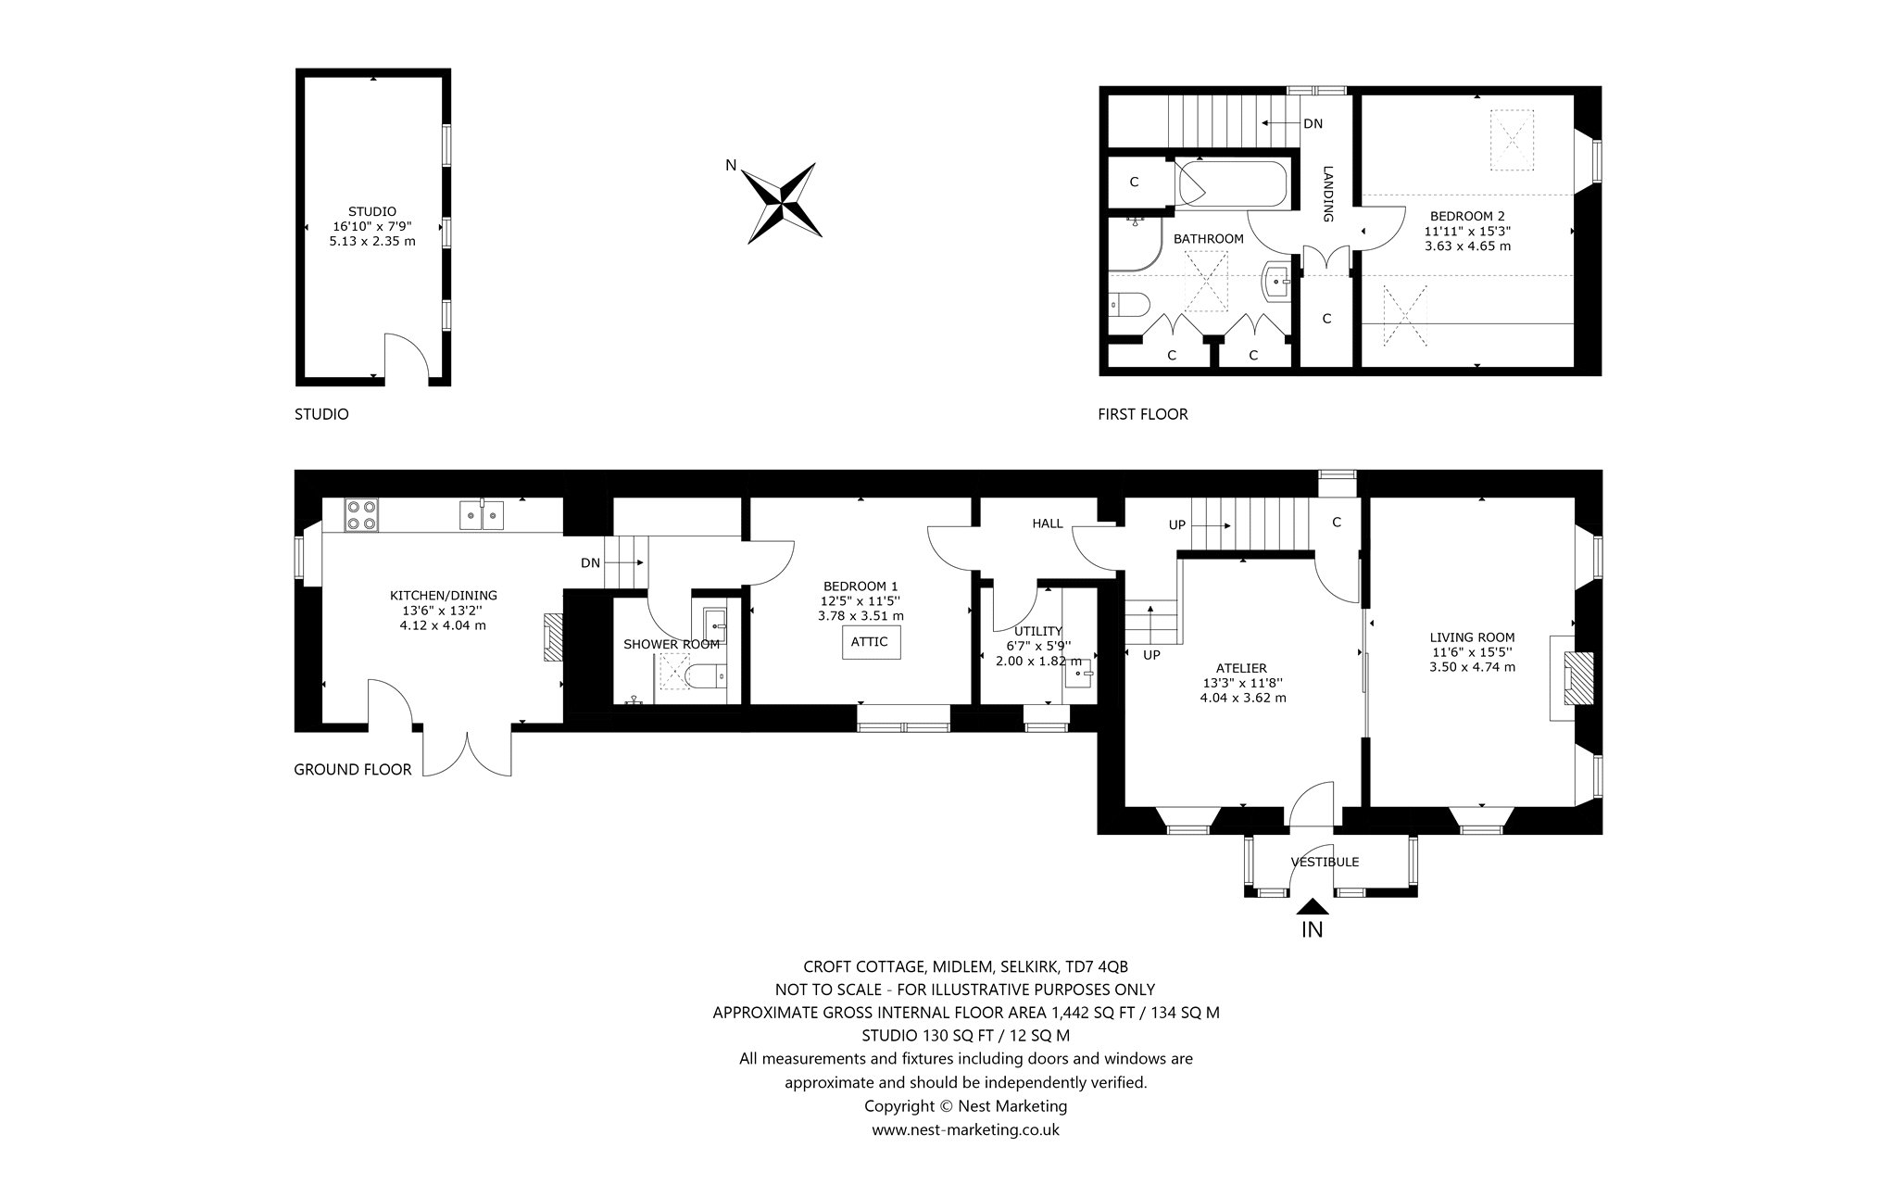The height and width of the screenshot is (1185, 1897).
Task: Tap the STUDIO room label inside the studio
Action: click(x=372, y=211)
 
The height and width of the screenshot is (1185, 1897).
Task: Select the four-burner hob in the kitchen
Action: click(x=360, y=515)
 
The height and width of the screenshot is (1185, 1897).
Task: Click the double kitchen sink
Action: click(x=482, y=515)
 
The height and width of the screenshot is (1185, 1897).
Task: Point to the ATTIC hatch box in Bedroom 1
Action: click(x=870, y=642)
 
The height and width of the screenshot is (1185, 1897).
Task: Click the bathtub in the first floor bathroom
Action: click(x=1232, y=184)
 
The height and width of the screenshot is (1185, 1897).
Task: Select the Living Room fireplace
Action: click(x=1573, y=677)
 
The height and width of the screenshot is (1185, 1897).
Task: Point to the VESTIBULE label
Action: click(x=1325, y=862)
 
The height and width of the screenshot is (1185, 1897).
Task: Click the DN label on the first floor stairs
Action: click(x=1313, y=123)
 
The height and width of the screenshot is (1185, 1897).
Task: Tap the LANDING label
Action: click(x=1327, y=194)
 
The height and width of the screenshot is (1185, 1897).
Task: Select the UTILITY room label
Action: click(x=1037, y=631)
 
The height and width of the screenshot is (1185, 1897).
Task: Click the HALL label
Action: click(x=1048, y=523)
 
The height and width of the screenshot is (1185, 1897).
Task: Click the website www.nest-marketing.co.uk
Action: click(x=965, y=1129)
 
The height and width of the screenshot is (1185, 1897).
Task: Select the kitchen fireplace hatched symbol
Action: click(x=553, y=637)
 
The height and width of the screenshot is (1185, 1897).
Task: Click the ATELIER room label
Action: click(x=1242, y=668)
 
